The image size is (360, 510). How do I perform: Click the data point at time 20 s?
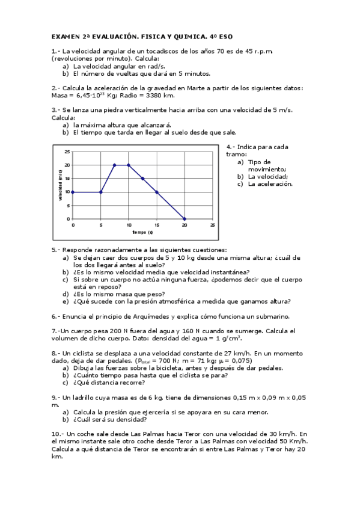(x=185, y=219)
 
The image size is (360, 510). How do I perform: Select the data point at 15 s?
(x=156, y=192)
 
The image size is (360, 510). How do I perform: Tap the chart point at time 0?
(x=73, y=192)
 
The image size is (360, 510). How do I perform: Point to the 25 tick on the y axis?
(x=67, y=152)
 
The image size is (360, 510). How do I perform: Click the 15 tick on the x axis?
(x=156, y=224)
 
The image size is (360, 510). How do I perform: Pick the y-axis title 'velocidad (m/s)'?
(x=60, y=185)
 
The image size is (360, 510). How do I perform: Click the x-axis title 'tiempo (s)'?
(x=142, y=232)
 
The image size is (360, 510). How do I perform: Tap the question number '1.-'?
(x=56, y=51)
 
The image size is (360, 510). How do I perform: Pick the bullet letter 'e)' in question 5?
(x=66, y=301)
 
